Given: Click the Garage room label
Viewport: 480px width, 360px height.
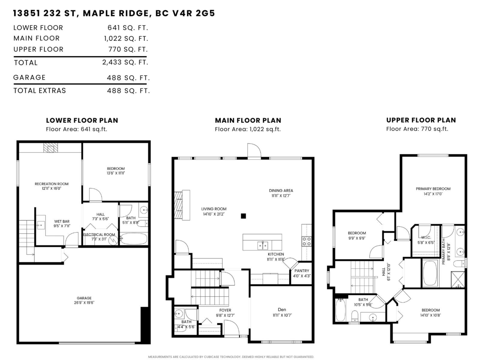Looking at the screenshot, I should coord(84,298).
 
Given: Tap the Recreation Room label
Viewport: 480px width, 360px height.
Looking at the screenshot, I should coord(51,184).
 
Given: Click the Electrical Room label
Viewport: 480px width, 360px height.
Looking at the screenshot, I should coord(99,234).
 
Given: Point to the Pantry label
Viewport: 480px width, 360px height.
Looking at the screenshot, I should coord(302,271).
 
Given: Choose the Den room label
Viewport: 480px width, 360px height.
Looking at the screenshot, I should coord(282,309).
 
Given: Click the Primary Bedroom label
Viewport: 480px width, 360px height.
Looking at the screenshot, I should coord(433,189).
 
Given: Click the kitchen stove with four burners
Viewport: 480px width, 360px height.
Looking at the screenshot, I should coord(306,241).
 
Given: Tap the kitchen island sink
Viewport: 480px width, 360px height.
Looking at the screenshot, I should coord(262,244).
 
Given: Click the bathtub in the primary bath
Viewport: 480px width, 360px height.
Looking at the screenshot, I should coord(430,274).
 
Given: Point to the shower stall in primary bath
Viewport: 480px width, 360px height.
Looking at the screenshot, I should coord(458,279).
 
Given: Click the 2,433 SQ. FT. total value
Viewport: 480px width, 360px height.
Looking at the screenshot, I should coord(125,62).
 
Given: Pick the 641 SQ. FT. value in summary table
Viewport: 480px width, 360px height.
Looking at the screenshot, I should coord(128,28).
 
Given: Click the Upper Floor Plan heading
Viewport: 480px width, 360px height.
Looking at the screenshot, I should coord(421,120).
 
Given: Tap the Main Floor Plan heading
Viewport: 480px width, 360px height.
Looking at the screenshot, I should coord(248,120).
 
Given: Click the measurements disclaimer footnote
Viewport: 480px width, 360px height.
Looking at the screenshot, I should coord(231,356).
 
